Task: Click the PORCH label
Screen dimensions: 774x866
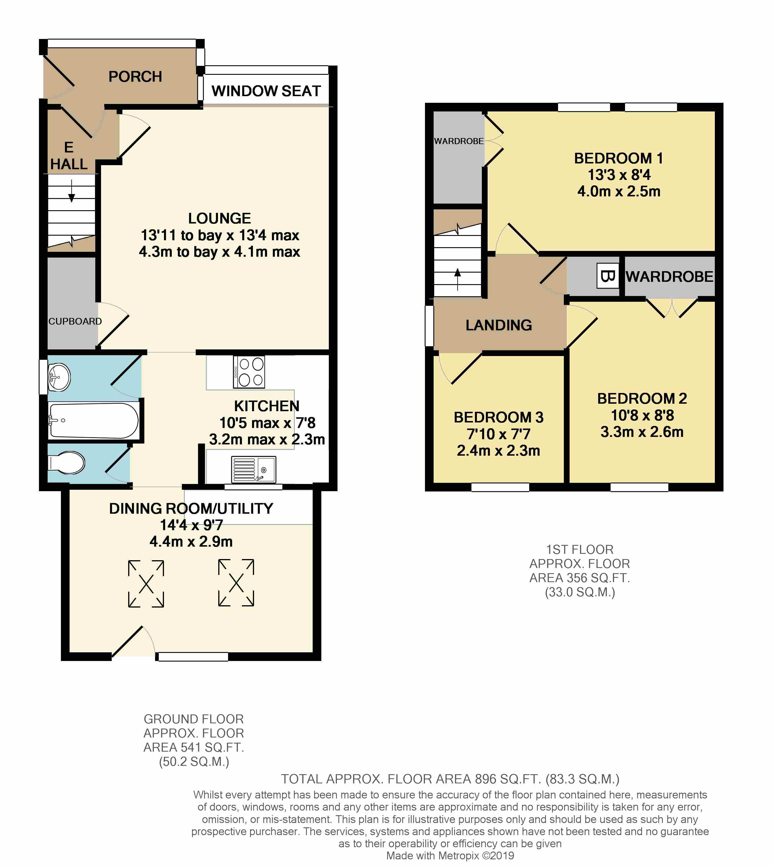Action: pyautogui.click(x=135, y=77)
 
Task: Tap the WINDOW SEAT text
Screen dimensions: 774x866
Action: pyautogui.click(x=266, y=91)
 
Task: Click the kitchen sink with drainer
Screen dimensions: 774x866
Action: pyautogui.click(x=253, y=470)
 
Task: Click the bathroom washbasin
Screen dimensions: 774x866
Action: pyautogui.click(x=59, y=377)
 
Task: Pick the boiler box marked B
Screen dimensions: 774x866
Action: pyautogui.click(x=608, y=276)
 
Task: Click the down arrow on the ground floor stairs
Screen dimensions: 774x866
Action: pyautogui.click(x=71, y=191)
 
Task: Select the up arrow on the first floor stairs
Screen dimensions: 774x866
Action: pyautogui.click(x=458, y=279)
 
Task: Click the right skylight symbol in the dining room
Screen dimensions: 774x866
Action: pyautogui.click(x=236, y=582)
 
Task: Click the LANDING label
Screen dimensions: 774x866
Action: pyautogui.click(x=499, y=325)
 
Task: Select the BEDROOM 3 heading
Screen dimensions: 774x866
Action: pyautogui.click(x=498, y=417)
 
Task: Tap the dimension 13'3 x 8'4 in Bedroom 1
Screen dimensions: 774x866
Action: pyautogui.click(x=619, y=175)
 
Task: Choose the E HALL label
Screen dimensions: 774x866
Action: pyautogui.click(x=69, y=156)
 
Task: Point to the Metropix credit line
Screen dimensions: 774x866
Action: pyautogui.click(x=450, y=855)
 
